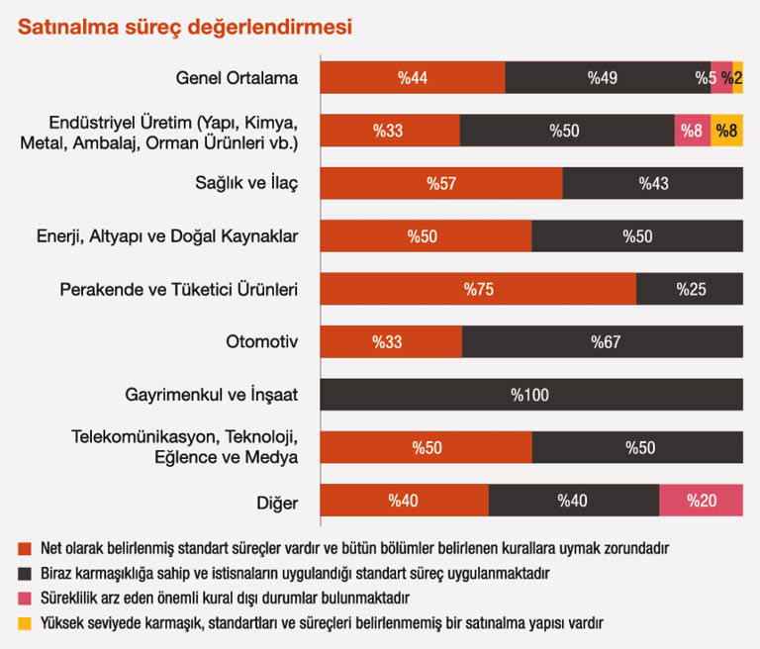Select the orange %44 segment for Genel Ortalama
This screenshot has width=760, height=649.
pos(413,77)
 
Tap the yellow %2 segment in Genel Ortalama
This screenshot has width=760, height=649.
pos(738,77)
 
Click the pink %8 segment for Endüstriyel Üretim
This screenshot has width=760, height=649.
pos(693,131)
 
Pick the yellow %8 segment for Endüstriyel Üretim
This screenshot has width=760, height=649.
pos(726,131)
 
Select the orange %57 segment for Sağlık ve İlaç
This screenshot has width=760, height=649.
pos(441,183)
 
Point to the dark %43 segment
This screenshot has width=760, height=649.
pos(653,183)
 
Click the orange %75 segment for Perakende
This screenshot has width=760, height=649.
pos(478,289)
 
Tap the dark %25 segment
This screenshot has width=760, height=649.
pos(690,289)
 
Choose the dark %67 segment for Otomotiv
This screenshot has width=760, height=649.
pos(603,342)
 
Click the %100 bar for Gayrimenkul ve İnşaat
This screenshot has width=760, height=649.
pos(531,395)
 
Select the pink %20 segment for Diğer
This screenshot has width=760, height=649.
pos(701,500)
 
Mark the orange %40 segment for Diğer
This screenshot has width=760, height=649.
pos(405,500)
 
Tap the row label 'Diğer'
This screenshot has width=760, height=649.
pos(278,501)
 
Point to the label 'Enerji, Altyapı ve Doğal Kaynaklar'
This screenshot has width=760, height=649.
pos(165,236)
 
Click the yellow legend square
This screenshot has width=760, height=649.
pos(23,624)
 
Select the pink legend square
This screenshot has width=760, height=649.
pos(23,599)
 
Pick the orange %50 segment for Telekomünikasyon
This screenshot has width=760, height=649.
pos(427,447)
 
